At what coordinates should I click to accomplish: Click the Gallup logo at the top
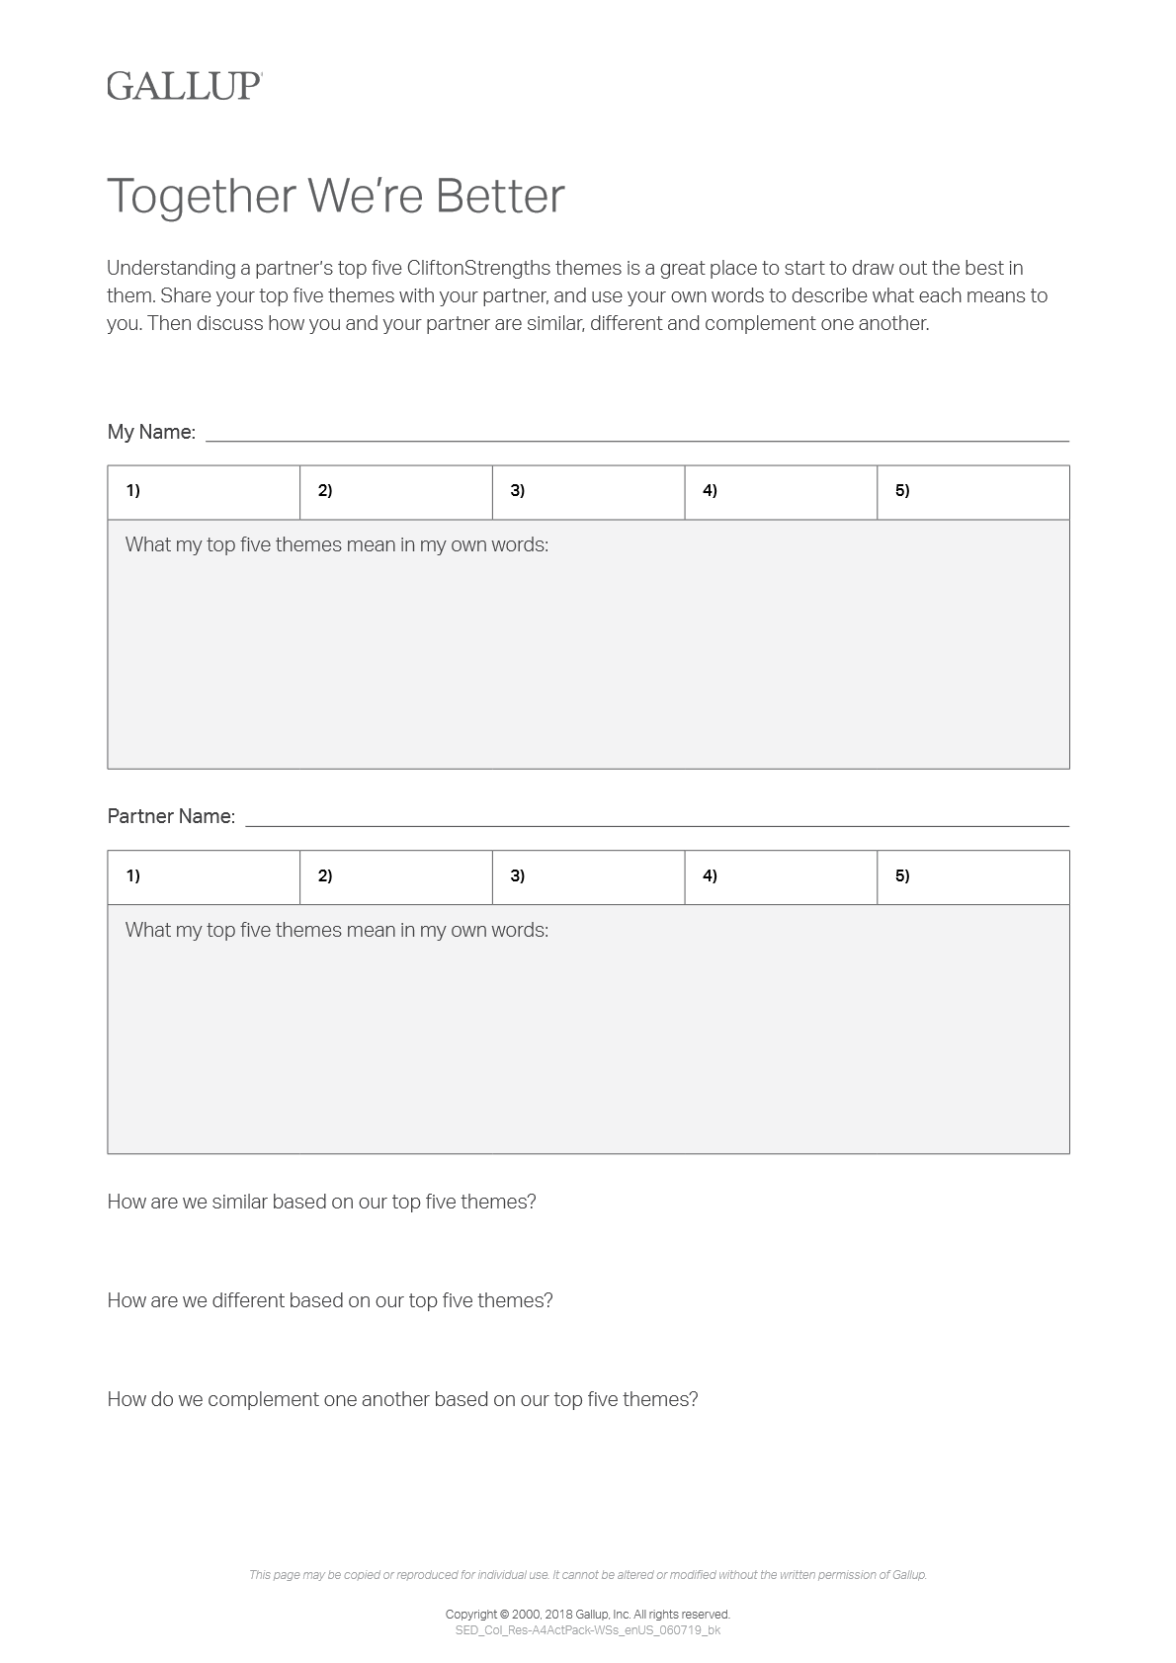coord(184,86)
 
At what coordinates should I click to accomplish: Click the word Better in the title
coord(500,196)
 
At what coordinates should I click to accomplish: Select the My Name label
coord(150,432)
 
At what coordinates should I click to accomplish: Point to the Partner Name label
coord(170,817)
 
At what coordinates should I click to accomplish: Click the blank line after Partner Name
coord(656,819)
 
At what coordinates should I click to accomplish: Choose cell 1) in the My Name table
coord(203,492)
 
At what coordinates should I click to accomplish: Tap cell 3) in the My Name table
coord(588,492)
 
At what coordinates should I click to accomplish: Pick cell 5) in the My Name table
coord(972,492)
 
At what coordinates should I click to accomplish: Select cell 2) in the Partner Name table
coord(395,877)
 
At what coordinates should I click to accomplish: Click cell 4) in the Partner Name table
coord(781,877)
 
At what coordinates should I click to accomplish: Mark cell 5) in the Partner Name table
coord(972,877)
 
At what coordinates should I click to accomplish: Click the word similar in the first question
coord(239,1203)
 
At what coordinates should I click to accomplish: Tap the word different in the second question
coord(247,1301)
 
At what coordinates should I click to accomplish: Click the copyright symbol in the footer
coord(504,1615)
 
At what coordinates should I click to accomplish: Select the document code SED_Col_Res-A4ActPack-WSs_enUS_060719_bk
coord(587,1630)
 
